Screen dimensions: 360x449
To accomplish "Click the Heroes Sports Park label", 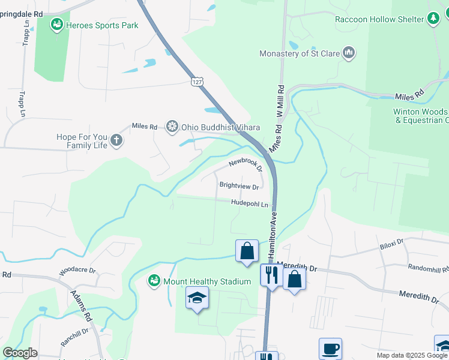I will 102,25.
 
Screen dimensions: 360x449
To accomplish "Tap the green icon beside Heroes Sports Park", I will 57,25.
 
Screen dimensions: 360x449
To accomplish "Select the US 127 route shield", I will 196,81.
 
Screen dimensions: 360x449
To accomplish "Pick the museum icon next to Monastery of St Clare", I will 349,53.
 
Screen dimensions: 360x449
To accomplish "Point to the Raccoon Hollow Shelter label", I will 379,19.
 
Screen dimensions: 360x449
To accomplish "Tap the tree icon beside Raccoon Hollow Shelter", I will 433,19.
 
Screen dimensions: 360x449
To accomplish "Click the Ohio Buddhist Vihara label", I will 220,127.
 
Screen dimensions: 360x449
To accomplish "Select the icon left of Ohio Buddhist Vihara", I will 172,127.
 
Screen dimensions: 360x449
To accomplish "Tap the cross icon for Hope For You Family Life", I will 116,141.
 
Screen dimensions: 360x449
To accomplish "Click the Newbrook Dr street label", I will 245,166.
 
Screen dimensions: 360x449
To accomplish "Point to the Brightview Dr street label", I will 238,187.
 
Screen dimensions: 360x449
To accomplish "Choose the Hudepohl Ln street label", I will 250,204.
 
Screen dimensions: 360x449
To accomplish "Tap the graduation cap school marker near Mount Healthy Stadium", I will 197,298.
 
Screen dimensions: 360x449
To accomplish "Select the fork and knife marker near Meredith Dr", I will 271,275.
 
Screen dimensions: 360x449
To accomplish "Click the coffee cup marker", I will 331,348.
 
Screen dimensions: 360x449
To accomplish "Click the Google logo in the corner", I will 20,353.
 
